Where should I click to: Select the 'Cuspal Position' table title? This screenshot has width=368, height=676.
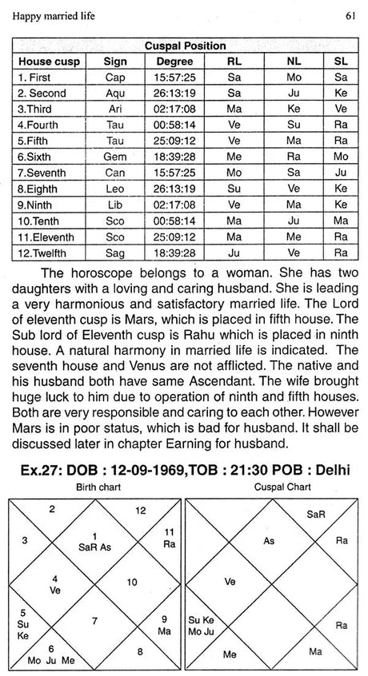(x=185, y=46)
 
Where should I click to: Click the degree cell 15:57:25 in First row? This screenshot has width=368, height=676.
(x=174, y=78)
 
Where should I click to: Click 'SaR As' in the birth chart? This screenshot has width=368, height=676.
(x=94, y=531)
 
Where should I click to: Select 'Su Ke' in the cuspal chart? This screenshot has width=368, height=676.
(x=201, y=618)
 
